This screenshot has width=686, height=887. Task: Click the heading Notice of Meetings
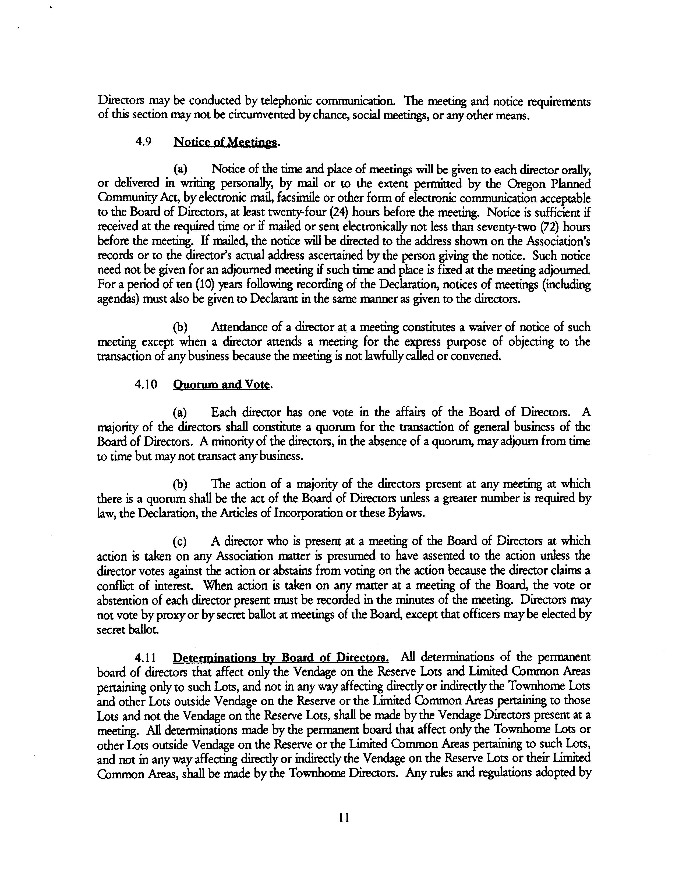pos(225,142)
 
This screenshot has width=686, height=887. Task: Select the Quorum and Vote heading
pos(221,384)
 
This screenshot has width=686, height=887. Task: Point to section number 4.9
pos(143,142)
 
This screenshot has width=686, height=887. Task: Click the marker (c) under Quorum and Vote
pos(180,541)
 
